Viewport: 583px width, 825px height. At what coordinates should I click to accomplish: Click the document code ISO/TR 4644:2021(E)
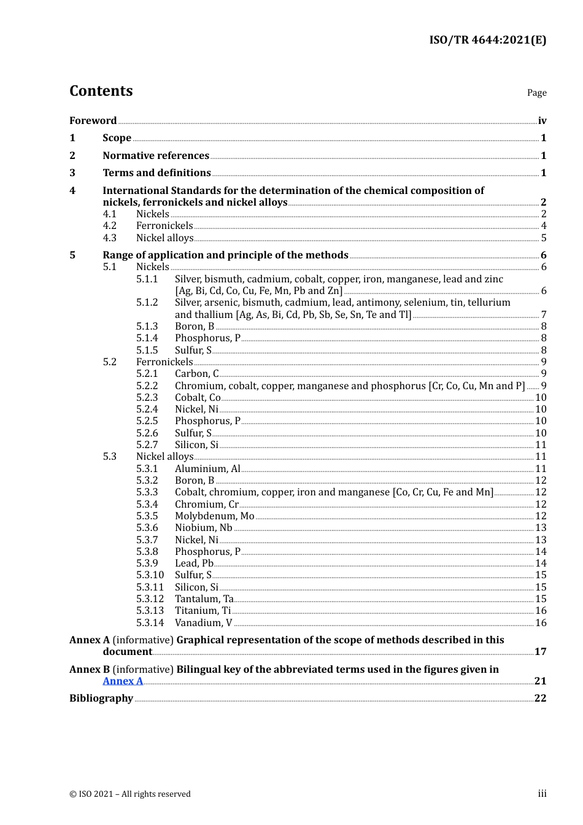[x=487, y=40]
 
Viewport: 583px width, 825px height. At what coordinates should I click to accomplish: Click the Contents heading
[x=101, y=91]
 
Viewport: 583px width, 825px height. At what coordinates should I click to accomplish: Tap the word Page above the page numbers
[x=536, y=93]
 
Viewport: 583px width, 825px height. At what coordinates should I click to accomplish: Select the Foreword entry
[x=93, y=120]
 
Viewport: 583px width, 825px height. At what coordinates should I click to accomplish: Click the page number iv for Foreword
[x=542, y=121]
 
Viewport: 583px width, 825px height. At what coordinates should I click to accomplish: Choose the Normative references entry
[x=156, y=155]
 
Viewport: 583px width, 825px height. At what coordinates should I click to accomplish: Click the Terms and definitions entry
[x=156, y=172]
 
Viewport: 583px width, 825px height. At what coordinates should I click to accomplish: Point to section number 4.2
[x=109, y=226]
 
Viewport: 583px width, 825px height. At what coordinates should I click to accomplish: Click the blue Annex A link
[x=123, y=681]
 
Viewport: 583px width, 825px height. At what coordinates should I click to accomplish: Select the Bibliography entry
[x=101, y=698]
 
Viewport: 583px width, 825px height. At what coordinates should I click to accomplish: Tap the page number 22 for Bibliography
[x=540, y=699]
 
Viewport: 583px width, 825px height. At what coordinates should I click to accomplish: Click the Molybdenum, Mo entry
[x=214, y=516]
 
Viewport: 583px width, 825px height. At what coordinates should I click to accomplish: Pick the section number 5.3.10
[x=150, y=575]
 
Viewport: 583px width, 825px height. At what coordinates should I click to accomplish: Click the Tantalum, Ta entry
[x=204, y=598]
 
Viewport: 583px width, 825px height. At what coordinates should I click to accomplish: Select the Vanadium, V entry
[x=203, y=622]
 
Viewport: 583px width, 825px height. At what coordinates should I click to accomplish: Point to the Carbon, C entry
[x=196, y=373]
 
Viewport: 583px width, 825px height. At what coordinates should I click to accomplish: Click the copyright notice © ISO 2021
[x=130, y=794]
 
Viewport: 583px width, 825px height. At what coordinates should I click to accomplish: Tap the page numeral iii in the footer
[x=542, y=794]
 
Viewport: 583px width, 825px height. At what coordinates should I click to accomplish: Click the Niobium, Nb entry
[x=203, y=527]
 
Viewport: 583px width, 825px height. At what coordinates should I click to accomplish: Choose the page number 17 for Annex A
[x=540, y=651]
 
